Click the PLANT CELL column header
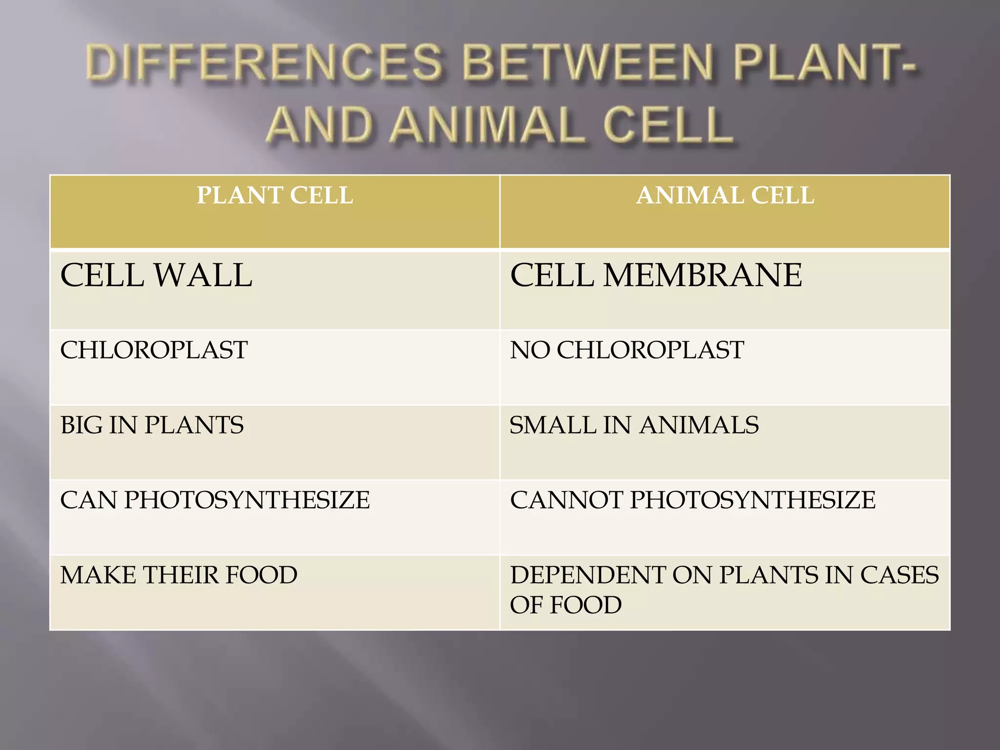(x=274, y=196)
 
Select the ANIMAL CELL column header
(x=725, y=196)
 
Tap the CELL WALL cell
(x=156, y=275)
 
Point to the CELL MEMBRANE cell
(x=656, y=275)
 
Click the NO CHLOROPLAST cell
(x=627, y=350)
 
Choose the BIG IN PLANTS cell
(x=152, y=425)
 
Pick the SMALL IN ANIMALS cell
(x=634, y=425)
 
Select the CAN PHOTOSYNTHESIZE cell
(x=215, y=500)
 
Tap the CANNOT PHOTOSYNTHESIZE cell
(x=692, y=500)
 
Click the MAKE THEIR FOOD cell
(x=179, y=575)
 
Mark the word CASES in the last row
(x=899, y=575)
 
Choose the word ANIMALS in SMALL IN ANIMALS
(x=699, y=425)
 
